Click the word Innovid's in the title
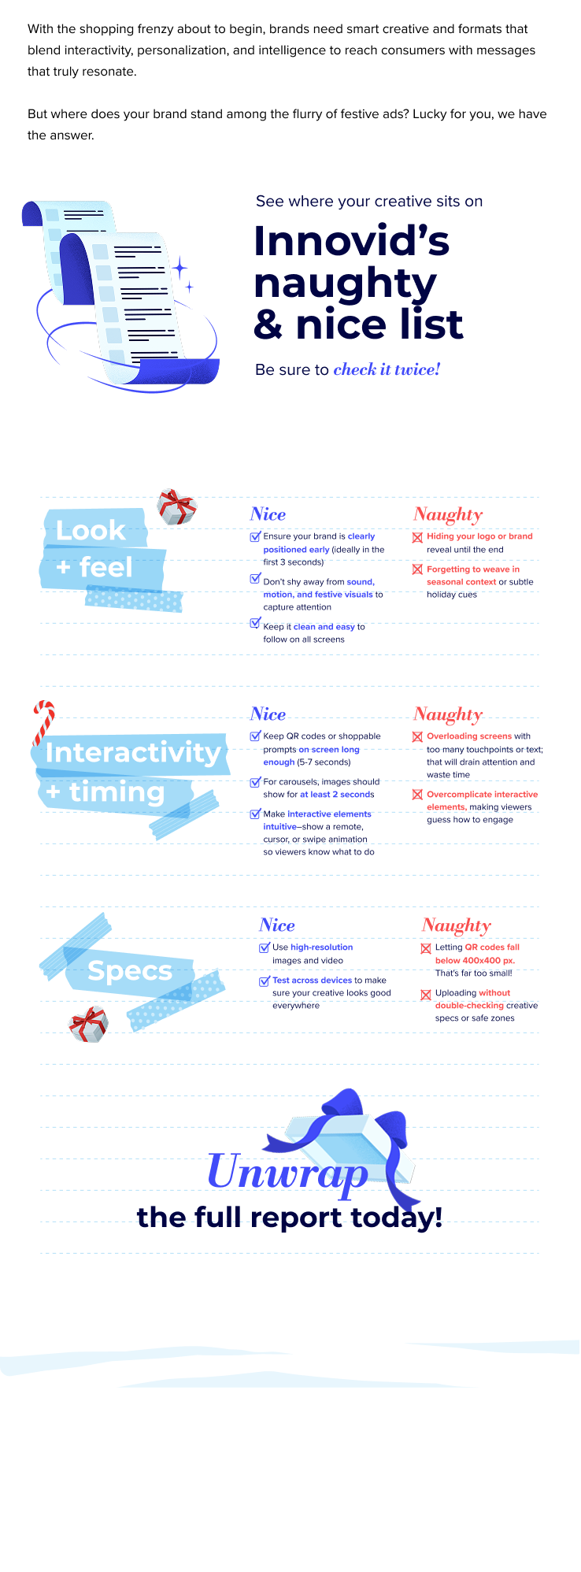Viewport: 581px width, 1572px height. click(x=351, y=240)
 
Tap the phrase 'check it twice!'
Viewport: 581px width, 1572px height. click(x=387, y=369)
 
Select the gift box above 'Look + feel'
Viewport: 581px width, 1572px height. click(x=177, y=506)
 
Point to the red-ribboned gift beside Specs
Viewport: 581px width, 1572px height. click(x=87, y=1024)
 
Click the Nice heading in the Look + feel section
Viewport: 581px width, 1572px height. click(x=268, y=514)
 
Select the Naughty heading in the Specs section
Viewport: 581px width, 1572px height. click(x=456, y=925)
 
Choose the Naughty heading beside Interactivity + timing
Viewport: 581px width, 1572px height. click(x=447, y=714)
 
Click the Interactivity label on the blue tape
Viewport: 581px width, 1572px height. click(x=133, y=752)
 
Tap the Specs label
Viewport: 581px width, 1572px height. click(x=130, y=971)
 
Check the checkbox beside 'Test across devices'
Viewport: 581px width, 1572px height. click(x=265, y=981)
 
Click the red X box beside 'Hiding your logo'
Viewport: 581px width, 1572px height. click(x=417, y=537)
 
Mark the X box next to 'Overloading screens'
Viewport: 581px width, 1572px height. click(x=417, y=737)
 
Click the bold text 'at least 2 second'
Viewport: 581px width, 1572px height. click(x=335, y=795)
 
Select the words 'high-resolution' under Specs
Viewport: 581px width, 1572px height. click(x=321, y=947)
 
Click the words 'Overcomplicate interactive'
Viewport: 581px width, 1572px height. click(x=483, y=795)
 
